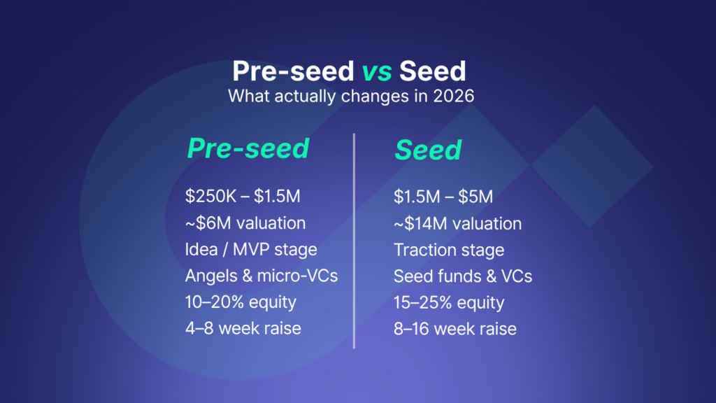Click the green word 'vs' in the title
pos(378,72)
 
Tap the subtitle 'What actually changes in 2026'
pos(351,96)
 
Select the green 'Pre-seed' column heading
pos(248,149)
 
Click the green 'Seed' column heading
pos(427,150)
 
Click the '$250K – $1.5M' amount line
pos(242,197)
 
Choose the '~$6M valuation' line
pos(245,223)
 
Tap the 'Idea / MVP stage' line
pos(250,249)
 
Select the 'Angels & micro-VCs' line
pos(261,276)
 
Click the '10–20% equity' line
pos(240,302)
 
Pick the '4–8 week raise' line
pos(243,328)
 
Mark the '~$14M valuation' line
pos(457,223)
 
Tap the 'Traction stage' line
pos(448,249)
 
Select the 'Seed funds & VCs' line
pos(462,276)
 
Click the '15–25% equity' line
pos(448,302)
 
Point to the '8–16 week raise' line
pos(454,328)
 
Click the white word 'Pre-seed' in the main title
pos(293,72)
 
